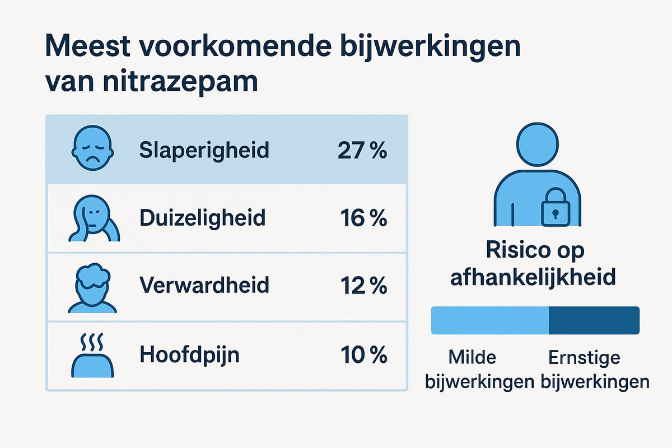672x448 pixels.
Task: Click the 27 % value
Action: pos(362,150)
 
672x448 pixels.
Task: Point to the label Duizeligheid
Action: pos(202,218)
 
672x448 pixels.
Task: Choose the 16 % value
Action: pos(363,218)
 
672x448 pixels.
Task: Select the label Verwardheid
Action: pos(204,286)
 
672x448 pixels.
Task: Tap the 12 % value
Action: pos(363,286)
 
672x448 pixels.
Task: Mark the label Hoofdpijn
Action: pos(189,355)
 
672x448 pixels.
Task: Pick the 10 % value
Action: pos(363,354)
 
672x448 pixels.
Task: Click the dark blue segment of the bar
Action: pos(594,320)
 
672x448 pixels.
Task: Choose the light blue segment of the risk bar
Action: pos(489,320)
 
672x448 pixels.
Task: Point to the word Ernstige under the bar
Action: pos(584,357)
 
